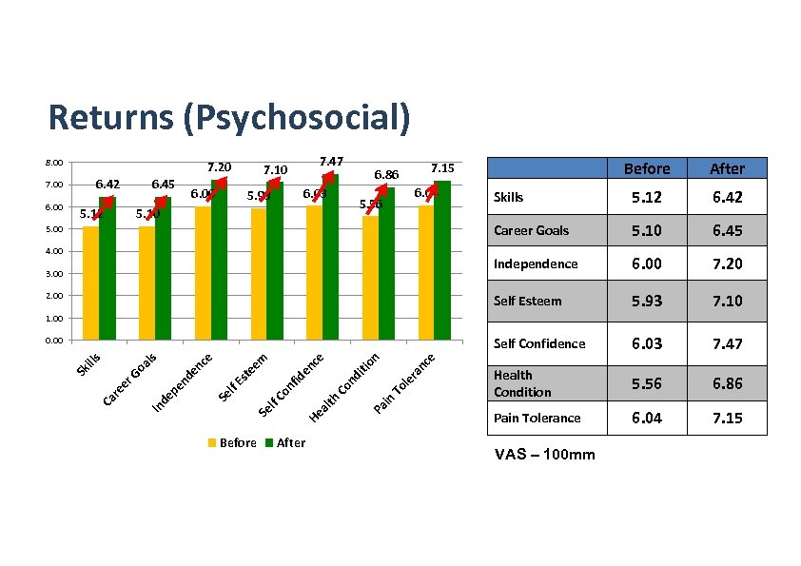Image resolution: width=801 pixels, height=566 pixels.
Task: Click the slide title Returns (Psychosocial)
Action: (x=229, y=118)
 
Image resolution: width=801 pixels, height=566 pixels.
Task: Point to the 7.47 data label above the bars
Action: (x=332, y=161)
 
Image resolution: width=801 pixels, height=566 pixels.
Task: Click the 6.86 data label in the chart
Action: (x=385, y=175)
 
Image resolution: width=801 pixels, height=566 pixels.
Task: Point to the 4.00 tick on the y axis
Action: (x=55, y=251)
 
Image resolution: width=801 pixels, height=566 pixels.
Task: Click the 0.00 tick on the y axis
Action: (x=55, y=340)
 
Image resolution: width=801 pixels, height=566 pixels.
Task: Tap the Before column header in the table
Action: (x=646, y=168)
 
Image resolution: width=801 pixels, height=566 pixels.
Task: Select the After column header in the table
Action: (x=727, y=168)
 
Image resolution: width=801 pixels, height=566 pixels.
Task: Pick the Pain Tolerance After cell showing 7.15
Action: (x=727, y=419)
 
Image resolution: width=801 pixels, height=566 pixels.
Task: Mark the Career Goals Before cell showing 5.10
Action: (x=646, y=230)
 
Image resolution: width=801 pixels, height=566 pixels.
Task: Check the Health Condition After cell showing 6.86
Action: (x=727, y=383)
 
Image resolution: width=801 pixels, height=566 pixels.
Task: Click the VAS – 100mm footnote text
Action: (x=545, y=455)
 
